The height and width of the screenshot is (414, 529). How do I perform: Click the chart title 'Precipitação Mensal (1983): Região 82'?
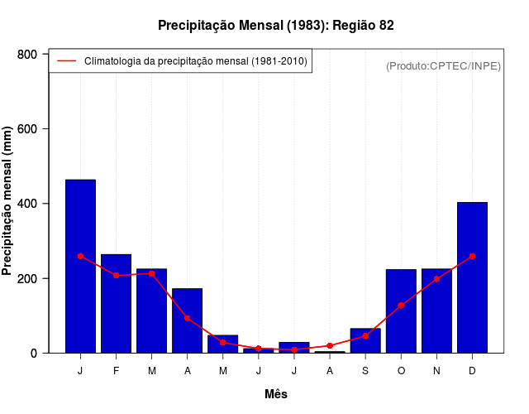coord(276,26)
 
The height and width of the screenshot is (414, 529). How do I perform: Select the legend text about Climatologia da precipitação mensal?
coord(195,61)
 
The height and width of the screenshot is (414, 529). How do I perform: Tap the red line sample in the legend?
coord(66,61)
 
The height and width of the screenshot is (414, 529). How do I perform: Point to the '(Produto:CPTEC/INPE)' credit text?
coord(443,66)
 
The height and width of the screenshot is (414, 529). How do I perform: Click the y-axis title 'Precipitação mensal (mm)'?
coord(7,201)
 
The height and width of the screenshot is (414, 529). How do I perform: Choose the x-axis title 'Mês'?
coord(276,394)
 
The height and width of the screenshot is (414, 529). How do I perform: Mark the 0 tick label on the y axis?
coord(34,353)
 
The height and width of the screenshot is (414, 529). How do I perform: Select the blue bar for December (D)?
coord(472,277)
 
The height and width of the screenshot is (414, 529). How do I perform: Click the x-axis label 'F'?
coord(116,370)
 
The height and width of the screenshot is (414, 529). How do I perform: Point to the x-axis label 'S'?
coord(365,370)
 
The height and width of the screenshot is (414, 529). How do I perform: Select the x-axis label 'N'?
coord(436,370)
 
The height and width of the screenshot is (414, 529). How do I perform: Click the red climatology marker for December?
coord(472,257)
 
